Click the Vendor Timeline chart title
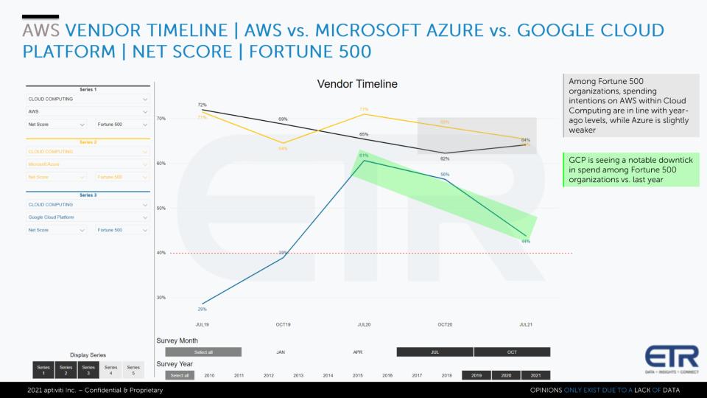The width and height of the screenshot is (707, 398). coord(357,84)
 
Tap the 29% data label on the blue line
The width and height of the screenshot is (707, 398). coord(202,309)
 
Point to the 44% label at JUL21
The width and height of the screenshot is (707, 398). coord(526,241)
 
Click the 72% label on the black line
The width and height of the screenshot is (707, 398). coord(202,105)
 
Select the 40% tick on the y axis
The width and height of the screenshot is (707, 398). coord(161,253)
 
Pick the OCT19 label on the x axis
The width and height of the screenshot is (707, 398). coord(283,324)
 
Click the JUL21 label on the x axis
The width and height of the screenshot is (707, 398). coord(526,324)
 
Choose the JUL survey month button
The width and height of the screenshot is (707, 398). coord(435,352)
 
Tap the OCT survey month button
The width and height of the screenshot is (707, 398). coord(512,352)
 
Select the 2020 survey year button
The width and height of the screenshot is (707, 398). coord(506,375)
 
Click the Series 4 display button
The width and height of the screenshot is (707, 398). coord(110,369)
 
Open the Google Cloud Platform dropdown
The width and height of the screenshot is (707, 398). coord(88,217)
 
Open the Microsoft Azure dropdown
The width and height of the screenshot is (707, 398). coord(88,164)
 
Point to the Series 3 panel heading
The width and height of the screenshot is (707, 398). coord(88,195)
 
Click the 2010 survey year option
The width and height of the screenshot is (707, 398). coord(210,375)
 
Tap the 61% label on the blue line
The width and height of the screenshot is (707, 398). coord(364,156)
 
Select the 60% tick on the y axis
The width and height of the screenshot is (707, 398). coord(161,163)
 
